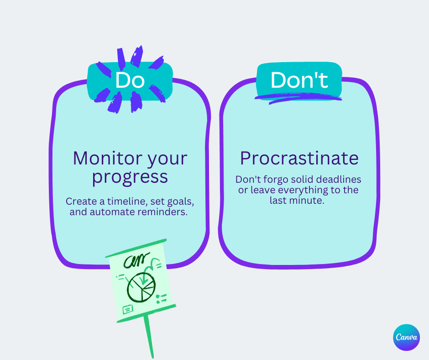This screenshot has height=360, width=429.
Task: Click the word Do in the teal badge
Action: (130, 80)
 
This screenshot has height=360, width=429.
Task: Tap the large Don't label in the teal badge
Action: (299, 80)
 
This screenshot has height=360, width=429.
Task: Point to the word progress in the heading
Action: (130, 177)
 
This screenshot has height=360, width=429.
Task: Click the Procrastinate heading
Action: (299, 159)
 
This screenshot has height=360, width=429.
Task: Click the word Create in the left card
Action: (79, 201)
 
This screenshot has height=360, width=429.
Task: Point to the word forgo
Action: (275, 179)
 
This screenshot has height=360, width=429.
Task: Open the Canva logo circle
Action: (406, 338)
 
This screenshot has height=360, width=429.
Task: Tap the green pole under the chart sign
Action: (149, 336)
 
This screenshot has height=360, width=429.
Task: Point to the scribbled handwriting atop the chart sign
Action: (137, 262)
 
